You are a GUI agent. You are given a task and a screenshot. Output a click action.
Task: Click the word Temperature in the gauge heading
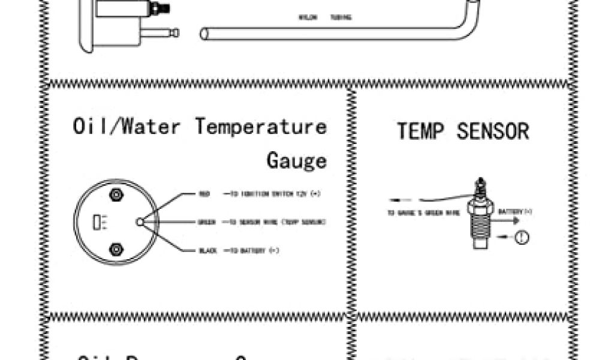click(261, 127)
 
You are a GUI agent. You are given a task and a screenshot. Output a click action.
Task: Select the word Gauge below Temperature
click(297, 160)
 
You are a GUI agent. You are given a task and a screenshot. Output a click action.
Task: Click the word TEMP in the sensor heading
click(420, 131)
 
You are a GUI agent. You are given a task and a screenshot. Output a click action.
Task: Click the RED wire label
click(204, 194)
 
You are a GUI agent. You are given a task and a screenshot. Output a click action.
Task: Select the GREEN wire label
click(206, 222)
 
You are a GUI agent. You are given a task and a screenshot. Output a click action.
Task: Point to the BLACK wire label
click(207, 250)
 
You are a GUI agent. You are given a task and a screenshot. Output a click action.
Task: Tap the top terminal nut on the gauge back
click(116, 194)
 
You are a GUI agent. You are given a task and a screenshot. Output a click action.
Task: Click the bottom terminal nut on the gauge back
click(116, 250)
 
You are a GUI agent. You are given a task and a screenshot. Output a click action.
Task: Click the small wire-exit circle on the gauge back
click(140, 222)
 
